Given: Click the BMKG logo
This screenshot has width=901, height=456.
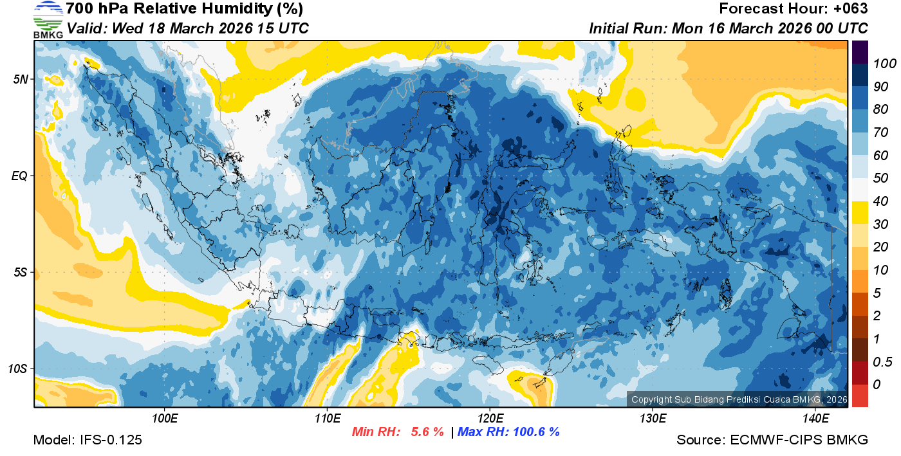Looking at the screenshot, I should [x=48, y=19].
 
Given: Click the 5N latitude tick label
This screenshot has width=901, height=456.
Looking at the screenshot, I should [x=20, y=79].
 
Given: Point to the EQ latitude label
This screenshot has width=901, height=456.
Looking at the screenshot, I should [x=20, y=176].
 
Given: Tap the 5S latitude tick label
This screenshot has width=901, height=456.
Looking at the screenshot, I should [x=20, y=272].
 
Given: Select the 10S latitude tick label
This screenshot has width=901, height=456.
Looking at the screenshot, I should [x=17, y=369].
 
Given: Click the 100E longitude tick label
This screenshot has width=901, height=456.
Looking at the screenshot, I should [x=165, y=418].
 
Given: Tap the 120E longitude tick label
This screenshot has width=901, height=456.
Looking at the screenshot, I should [x=490, y=418].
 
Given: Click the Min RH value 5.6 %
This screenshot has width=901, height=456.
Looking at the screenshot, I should [x=427, y=432].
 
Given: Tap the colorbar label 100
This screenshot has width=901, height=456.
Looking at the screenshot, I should [x=881, y=63].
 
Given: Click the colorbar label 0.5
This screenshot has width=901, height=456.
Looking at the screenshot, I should [x=881, y=361].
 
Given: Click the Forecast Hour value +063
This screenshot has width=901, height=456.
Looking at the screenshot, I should [x=850, y=9].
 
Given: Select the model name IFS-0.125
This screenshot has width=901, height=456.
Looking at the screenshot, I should [x=110, y=441].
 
